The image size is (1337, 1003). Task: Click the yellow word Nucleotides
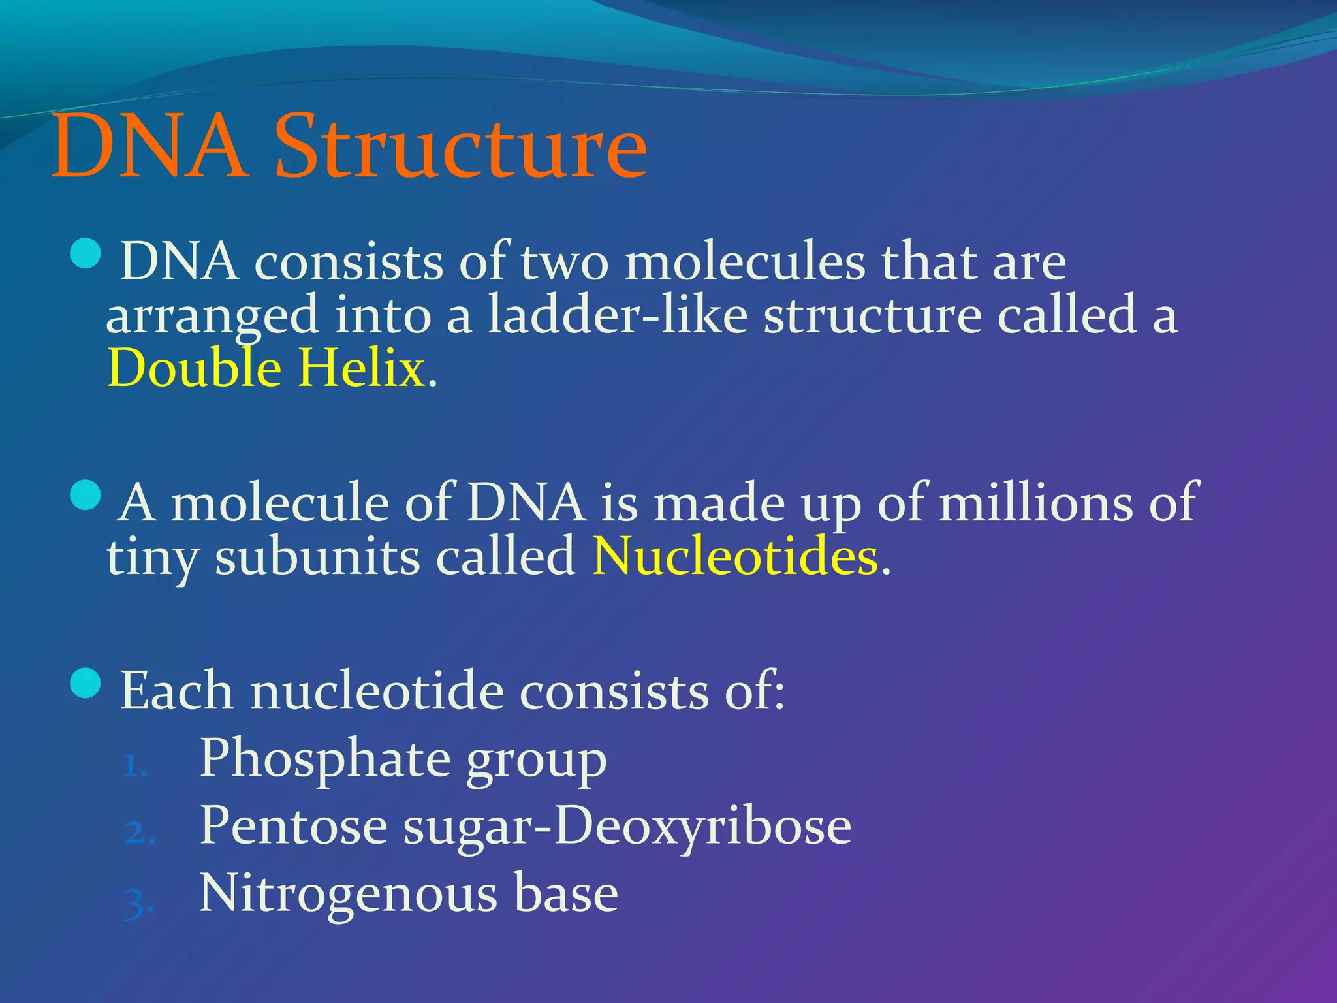[736, 557]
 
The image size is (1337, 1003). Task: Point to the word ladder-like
[618, 315]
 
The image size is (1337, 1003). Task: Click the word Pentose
[293, 826]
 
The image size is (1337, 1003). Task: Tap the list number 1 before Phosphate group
[134, 766]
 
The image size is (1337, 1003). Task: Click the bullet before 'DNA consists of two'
[85, 254]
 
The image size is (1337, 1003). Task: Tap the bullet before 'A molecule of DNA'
[85, 496]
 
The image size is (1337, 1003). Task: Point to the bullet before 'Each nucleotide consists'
[85, 683]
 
